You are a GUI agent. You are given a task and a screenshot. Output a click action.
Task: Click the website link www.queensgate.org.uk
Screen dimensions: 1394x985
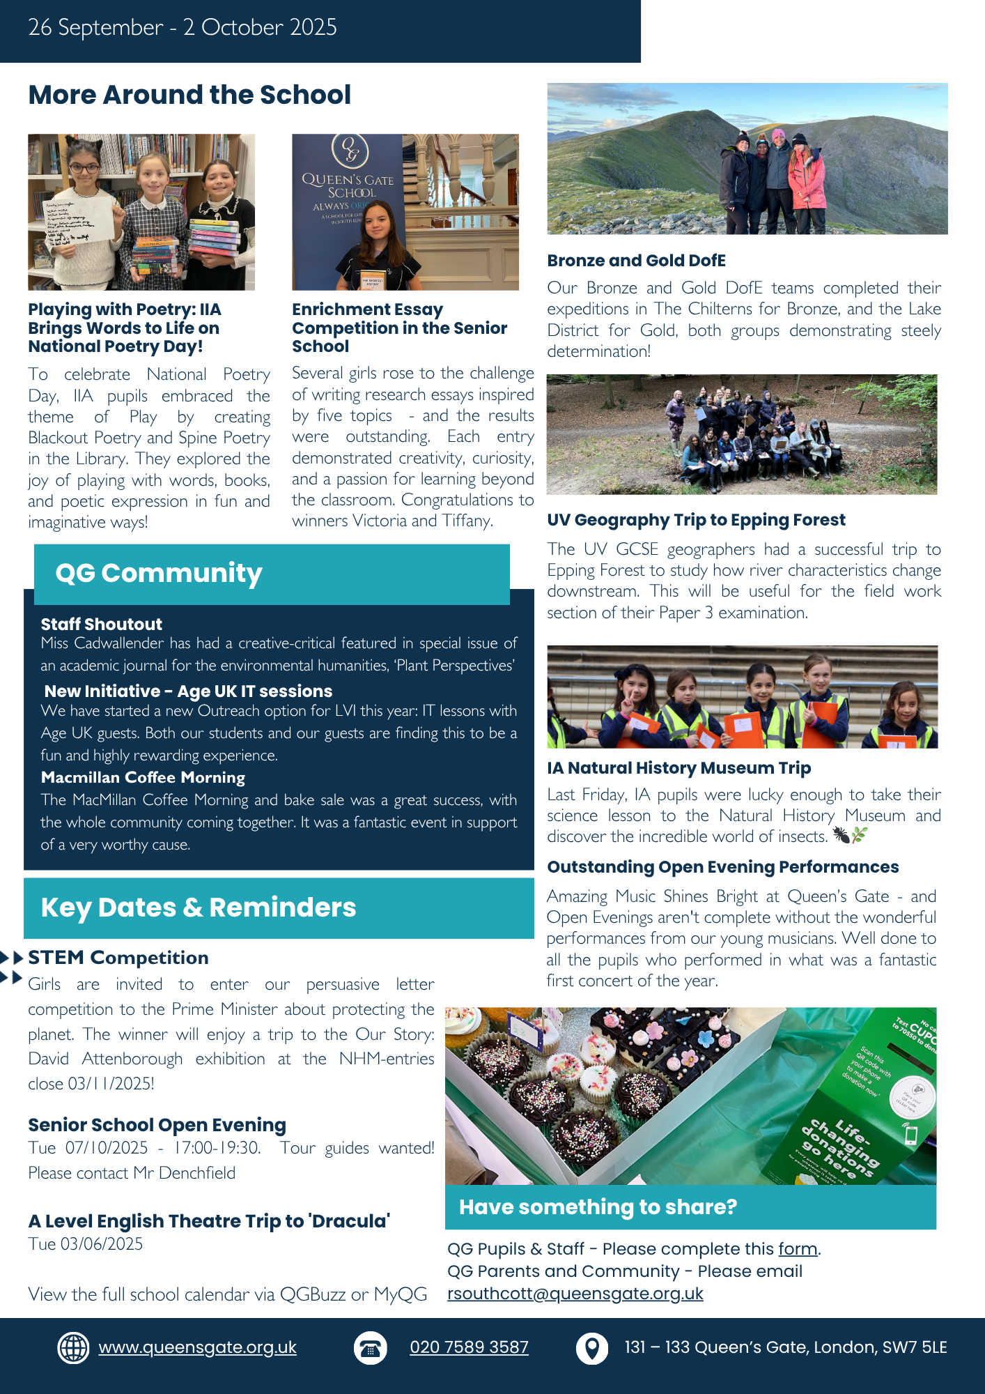pos(197,1347)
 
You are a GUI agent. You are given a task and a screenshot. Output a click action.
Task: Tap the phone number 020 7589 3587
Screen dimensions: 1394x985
pos(469,1347)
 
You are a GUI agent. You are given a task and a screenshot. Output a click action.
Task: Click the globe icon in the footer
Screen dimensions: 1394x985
pos(73,1347)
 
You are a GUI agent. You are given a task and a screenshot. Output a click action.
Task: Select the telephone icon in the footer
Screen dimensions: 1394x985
pos(370,1348)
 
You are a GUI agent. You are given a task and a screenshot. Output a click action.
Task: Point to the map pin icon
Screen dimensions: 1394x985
pos(591,1348)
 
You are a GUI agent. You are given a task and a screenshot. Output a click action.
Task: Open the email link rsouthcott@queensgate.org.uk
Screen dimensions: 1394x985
pos(575,1294)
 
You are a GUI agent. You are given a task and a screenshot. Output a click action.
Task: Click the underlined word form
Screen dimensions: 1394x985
pos(798,1248)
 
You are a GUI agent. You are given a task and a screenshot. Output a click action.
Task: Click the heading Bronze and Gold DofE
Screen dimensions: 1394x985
pos(636,261)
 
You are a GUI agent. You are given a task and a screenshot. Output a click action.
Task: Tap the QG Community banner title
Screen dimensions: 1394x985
pos(159,573)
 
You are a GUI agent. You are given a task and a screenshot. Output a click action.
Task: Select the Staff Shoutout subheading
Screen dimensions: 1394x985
pos(101,624)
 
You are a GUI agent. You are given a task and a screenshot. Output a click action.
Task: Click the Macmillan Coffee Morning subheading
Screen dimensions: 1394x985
pos(143,777)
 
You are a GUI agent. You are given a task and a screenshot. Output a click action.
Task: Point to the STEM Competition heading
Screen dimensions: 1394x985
pos(118,958)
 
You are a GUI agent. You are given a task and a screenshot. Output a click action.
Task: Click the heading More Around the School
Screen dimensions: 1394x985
pos(189,95)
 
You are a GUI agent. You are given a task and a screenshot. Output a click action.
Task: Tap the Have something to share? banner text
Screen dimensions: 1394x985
pos(598,1207)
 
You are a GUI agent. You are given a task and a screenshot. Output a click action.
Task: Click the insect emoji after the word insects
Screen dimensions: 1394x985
pos(841,835)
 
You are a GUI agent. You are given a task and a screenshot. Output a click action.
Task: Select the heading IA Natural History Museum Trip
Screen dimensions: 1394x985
pos(678,768)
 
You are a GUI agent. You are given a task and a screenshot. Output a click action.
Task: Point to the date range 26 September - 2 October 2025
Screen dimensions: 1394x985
pos(183,28)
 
